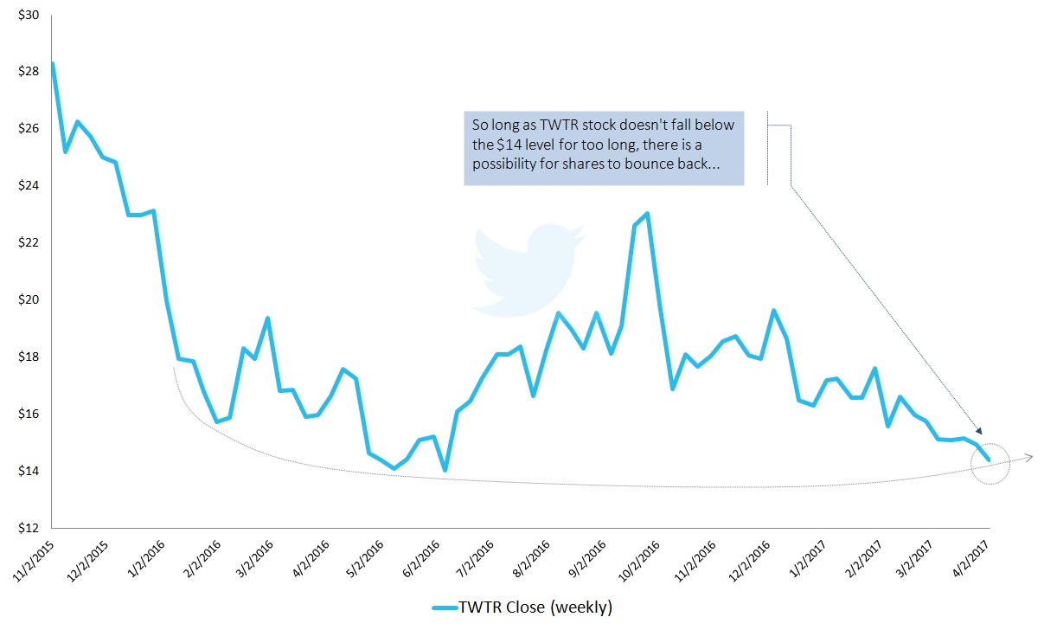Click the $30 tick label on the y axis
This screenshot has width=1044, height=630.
28,15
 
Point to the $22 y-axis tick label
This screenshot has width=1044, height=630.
28,243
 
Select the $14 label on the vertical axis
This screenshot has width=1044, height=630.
28,472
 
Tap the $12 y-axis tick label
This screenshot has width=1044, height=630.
28,529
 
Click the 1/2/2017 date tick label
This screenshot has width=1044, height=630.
808,556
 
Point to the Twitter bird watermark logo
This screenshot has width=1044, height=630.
524,268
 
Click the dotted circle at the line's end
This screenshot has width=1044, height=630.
990,463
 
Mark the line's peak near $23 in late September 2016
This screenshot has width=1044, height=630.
648,213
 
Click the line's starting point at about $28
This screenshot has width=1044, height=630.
53,63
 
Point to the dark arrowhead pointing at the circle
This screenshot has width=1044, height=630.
979,430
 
